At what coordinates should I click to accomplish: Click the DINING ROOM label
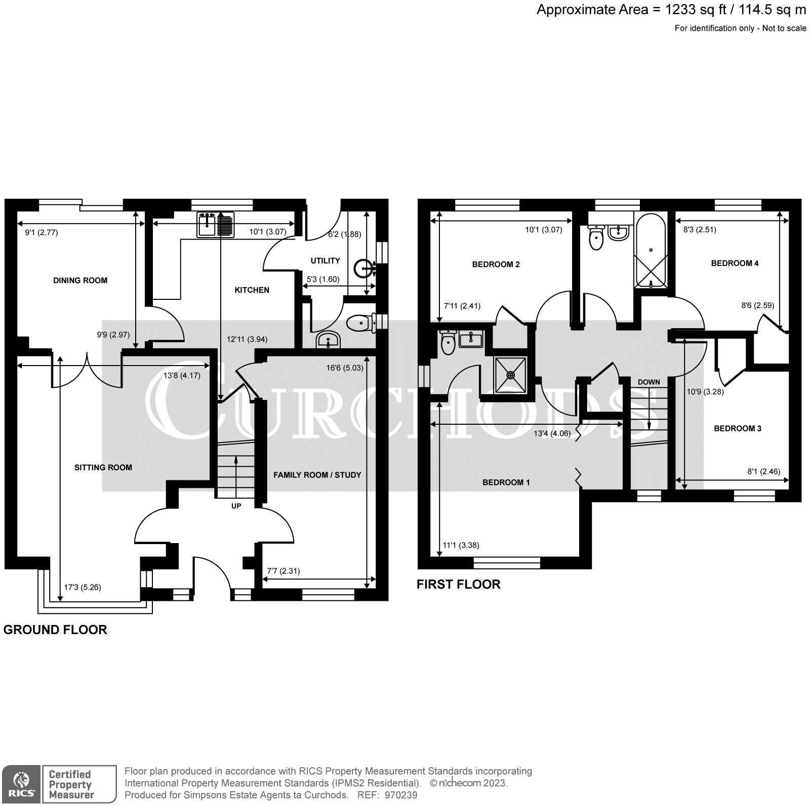pos(80,280)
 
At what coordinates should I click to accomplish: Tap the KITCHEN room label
pos(252,290)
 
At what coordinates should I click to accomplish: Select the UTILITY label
pos(325,260)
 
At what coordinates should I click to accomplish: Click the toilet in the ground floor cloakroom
pos(360,322)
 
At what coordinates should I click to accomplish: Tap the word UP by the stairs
pos(236,506)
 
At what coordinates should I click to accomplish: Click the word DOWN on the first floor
pos(649,382)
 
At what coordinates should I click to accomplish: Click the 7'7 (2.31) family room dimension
pos(283,571)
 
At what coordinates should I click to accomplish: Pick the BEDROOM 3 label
pos(737,428)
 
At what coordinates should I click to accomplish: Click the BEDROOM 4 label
pos(735,263)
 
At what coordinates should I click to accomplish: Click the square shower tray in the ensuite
pos(510,375)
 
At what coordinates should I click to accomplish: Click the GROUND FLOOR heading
pos(55,630)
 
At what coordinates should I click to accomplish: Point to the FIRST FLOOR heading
pos(458,584)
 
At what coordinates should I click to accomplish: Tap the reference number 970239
pos(400,795)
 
